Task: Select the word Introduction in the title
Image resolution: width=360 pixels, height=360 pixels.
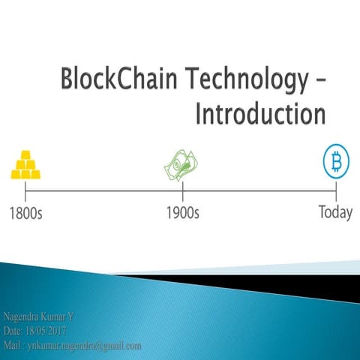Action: (259, 114)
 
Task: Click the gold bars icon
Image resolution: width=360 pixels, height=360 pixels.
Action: (25, 165)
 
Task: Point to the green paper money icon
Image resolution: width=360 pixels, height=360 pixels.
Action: (182, 165)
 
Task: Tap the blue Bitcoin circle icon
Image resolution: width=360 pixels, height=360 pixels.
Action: (336, 162)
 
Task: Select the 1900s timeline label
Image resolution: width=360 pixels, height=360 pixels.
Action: (182, 212)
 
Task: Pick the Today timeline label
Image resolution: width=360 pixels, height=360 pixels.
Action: (335, 212)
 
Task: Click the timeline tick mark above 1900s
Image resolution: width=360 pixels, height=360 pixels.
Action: (182, 190)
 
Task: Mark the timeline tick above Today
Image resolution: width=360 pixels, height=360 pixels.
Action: (336, 190)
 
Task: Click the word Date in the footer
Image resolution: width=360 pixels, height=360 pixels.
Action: (13, 332)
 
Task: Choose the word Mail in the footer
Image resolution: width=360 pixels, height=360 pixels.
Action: (13, 346)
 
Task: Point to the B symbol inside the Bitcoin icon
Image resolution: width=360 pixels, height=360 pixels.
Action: (336, 162)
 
